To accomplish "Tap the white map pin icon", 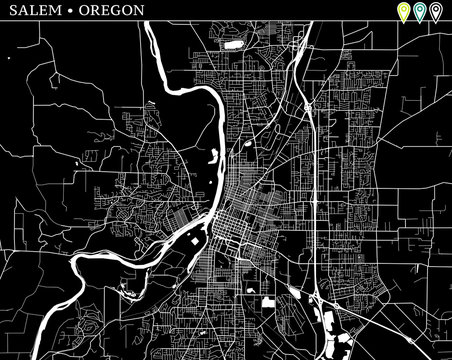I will [435, 12].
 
